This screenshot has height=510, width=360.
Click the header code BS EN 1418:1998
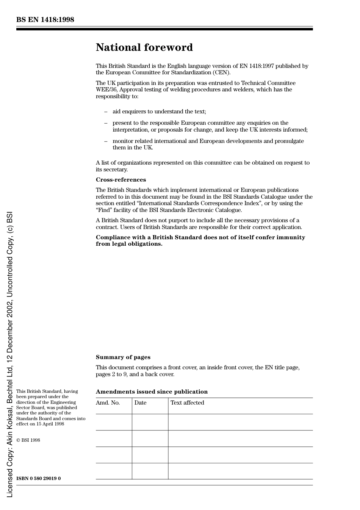tap(45, 20)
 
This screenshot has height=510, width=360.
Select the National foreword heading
tap(144, 47)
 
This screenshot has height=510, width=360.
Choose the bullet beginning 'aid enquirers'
tap(159, 111)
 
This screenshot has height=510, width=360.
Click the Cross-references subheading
tap(121, 180)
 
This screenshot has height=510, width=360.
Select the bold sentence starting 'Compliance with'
tap(200, 240)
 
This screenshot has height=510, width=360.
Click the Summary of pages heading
tap(123, 357)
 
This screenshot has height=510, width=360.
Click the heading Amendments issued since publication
tap(152, 392)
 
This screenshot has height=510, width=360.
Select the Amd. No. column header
tap(108, 403)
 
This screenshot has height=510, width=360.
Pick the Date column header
tap(140, 403)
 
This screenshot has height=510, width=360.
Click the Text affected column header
tap(187, 403)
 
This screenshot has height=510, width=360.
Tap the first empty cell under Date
tap(150, 422)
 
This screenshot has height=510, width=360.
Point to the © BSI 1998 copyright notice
tap(28, 440)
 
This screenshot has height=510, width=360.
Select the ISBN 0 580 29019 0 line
tap(38, 478)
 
